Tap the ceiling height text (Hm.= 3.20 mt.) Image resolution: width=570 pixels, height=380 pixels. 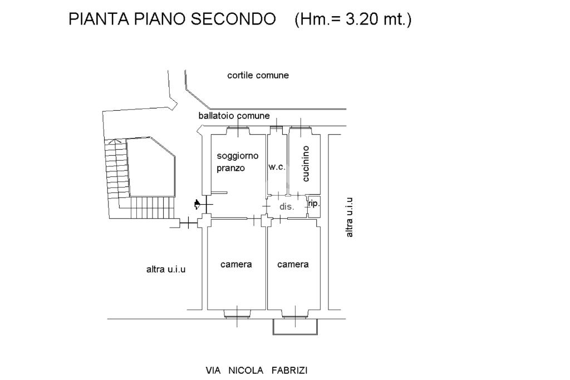tap(353, 19)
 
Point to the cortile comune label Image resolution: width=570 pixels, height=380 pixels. tap(258, 75)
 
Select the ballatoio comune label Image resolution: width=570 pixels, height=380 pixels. tap(234, 116)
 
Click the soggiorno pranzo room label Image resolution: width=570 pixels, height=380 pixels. tap(237, 162)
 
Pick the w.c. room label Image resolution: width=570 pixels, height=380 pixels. tap(277, 167)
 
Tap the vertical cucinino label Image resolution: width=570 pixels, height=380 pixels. tap(306, 164)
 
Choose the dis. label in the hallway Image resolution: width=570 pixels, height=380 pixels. tap(286, 206)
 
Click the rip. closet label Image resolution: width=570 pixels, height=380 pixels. tap(313, 204)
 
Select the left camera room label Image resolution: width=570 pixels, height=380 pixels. tap(236, 264)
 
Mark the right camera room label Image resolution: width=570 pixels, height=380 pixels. tap(293, 264)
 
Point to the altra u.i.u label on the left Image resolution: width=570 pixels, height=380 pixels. tap(166, 269)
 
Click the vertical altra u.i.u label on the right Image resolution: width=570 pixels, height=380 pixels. tap(350, 218)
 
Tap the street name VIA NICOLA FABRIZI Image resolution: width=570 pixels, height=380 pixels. tap(257, 370)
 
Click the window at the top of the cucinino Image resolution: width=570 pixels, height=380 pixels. tap(301, 131)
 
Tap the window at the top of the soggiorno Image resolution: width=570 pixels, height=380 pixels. tap(238, 131)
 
